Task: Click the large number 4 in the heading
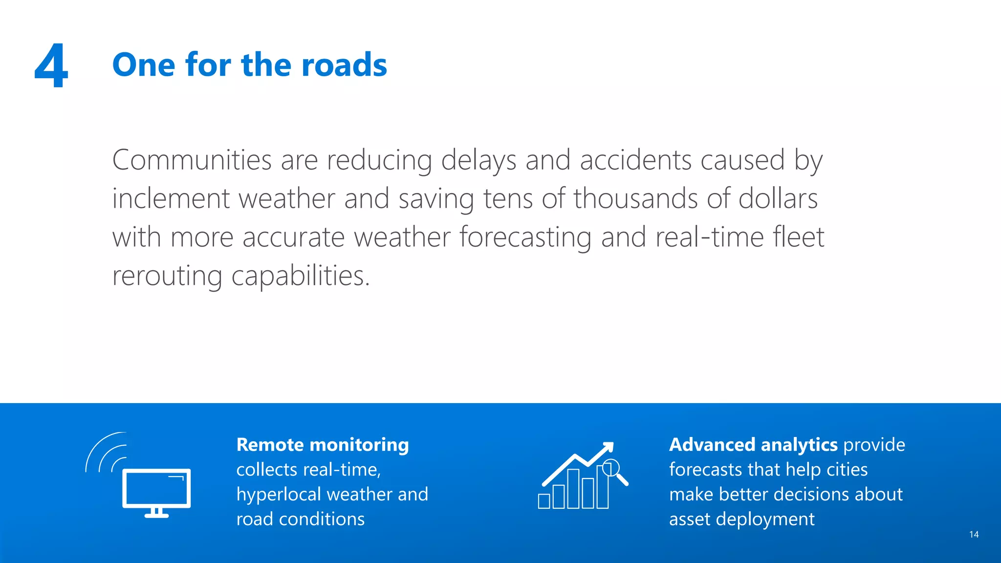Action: coord(51,65)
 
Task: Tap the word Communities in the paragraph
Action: coord(192,160)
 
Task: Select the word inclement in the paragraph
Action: coord(171,198)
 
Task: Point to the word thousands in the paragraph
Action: coord(635,198)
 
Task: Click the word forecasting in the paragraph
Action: coord(525,237)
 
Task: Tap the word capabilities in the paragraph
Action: coord(300,276)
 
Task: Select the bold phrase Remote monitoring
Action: coord(323,445)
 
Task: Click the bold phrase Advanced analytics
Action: coord(753,445)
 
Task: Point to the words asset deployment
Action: coord(741,519)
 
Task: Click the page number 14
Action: coord(974,535)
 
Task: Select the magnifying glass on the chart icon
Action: coord(611,469)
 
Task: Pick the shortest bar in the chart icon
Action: coord(544,501)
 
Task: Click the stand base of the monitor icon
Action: coord(156,515)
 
